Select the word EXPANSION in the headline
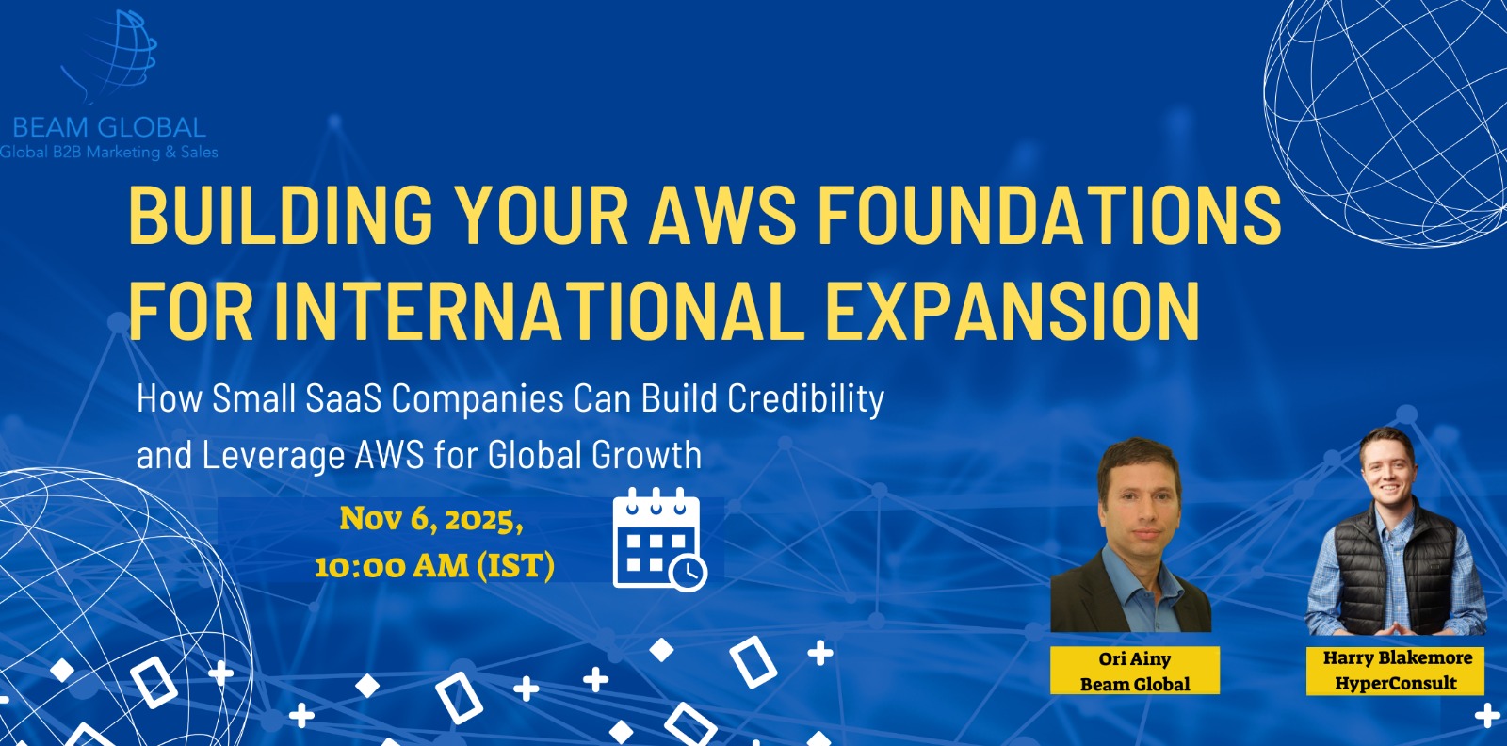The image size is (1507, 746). [x=1013, y=311]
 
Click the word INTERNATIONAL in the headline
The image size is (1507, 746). [x=540, y=311]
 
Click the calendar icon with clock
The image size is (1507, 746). [x=659, y=540]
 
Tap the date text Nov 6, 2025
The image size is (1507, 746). [x=431, y=519]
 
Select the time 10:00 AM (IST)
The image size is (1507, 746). [x=434, y=565]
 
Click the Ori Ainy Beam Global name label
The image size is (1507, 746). [x=1135, y=671]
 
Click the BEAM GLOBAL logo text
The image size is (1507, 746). [x=109, y=128]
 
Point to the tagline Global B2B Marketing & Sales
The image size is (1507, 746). [x=109, y=153]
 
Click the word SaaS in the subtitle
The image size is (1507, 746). [x=343, y=398]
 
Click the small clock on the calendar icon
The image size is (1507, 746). [x=689, y=573]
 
